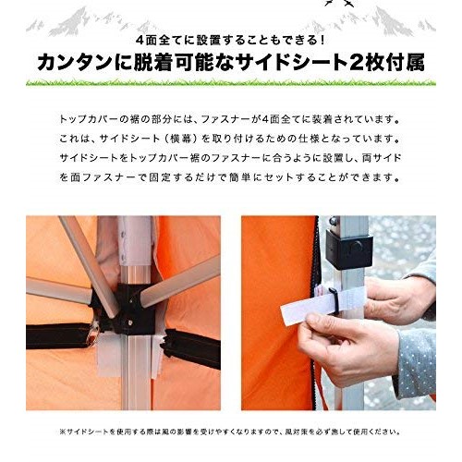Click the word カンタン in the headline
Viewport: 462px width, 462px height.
pyautogui.click(x=75, y=63)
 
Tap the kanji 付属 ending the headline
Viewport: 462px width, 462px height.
pyautogui.click(x=407, y=63)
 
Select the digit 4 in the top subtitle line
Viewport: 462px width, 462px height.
pyautogui.click(x=140, y=41)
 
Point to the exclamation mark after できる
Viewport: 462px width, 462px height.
pyautogui.click(x=322, y=41)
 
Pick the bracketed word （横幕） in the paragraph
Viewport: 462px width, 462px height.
pyautogui.click(x=179, y=139)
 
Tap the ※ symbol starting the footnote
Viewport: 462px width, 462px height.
pyautogui.click(x=63, y=432)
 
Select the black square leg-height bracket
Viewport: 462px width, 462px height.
pyautogui.click(x=348, y=249)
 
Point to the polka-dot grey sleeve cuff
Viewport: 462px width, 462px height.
pyautogui.click(x=415, y=364)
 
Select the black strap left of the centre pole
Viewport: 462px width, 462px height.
pyautogui.click(x=58, y=335)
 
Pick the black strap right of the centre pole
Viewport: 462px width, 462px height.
pyautogui.click(x=191, y=348)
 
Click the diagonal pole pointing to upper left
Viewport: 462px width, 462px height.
pyautogui.click(x=88, y=265)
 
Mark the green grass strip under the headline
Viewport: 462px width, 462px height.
pyautogui.click(x=231, y=82)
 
